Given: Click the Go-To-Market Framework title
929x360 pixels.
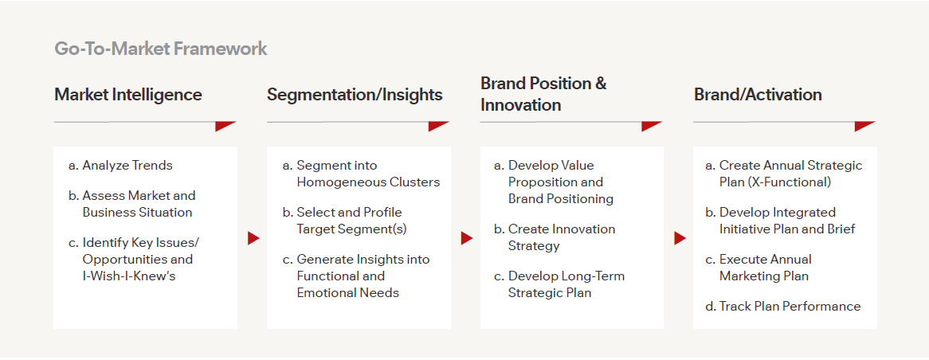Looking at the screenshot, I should pyautogui.click(x=160, y=49).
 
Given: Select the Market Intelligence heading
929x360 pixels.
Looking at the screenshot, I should pyautogui.click(x=127, y=95).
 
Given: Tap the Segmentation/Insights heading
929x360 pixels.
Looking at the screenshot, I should pyautogui.click(x=355, y=95).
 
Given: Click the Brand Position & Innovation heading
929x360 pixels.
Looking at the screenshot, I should pyautogui.click(x=543, y=94).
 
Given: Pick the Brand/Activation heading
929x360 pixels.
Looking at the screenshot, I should pyautogui.click(x=758, y=95).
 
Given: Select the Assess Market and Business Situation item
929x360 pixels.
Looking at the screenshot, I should pyautogui.click(x=138, y=204).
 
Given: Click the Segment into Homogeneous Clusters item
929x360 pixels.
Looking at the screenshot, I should pyautogui.click(x=367, y=174).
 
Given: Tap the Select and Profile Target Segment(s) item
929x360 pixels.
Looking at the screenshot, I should pyautogui.click(x=349, y=221).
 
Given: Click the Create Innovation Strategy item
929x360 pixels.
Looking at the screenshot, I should pyautogui.click(x=561, y=237).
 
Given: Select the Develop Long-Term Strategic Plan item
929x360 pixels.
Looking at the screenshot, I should pyautogui.click(x=566, y=284).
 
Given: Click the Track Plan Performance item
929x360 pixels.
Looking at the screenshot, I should pyautogui.click(x=790, y=307).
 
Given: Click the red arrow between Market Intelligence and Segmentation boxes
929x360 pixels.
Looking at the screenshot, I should pyautogui.click(x=253, y=238).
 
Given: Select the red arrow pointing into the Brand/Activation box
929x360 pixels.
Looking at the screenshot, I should pyautogui.click(x=680, y=238).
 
